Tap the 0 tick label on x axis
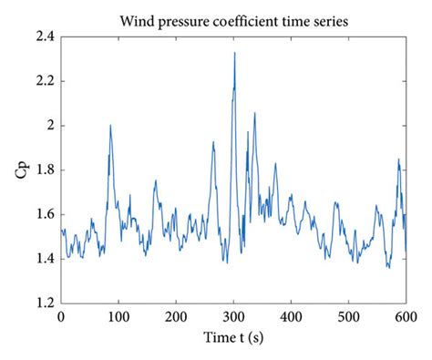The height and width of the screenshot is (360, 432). click(61, 316)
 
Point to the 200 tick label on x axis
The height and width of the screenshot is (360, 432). click(176, 316)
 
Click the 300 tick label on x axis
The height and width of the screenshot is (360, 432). click(233, 316)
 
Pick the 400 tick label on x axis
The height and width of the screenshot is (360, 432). click(291, 316)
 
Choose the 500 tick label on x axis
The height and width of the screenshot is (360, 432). click(348, 316)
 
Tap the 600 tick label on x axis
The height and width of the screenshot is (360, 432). click(405, 316)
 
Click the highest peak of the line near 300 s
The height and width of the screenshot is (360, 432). click(234, 53)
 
